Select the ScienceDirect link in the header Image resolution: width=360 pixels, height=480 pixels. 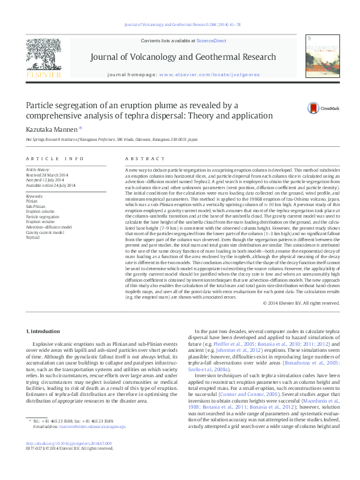click(x=211, y=41)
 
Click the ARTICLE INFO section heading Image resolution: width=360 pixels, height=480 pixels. click(x=54, y=158)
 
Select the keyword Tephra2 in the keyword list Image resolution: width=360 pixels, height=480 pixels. click(x=33, y=238)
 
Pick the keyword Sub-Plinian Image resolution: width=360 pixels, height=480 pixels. click(x=36, y=206)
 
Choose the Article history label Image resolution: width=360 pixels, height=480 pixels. click(x=38, y=170)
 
